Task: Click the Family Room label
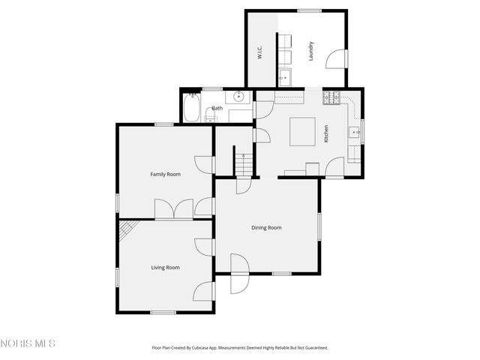(165, 174)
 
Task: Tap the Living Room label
(165, 267)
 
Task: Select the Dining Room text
(266, 227)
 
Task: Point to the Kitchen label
(326, 134)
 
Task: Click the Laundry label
(310, 50)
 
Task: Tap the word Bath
(217, 109)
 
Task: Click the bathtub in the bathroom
(192, 108)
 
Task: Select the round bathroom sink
(238, 97)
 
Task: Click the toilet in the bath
(209, 117)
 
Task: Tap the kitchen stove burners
(331, 97)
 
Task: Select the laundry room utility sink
(285, 76)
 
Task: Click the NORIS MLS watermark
(28, 343)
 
